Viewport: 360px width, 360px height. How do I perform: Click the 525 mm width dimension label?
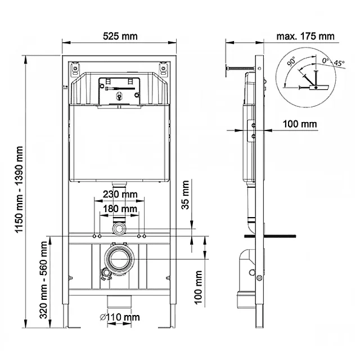[x=120, y=36]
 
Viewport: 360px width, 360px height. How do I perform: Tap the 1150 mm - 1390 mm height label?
[x=19, y=190]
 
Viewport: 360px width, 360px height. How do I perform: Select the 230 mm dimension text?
[x=120, y=195]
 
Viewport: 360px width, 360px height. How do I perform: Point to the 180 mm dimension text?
[x=120, y=209]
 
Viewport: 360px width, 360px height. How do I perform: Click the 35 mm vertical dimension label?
[x=185, y=195]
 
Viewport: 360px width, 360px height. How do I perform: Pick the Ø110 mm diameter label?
[x=120, y=317]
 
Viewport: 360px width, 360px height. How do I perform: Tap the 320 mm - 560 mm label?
[x=44, y=280]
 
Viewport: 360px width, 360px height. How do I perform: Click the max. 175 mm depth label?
[x=305, y=36]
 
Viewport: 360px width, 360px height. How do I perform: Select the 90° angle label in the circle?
[x=291, y=61]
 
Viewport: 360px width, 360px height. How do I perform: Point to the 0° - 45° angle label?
[x=333, y=62]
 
